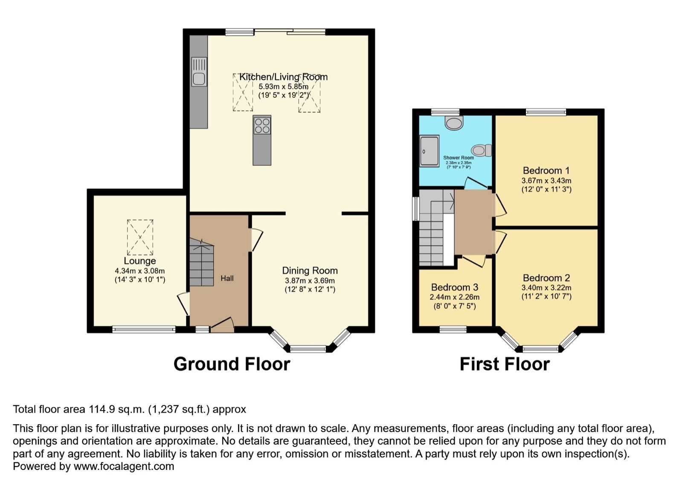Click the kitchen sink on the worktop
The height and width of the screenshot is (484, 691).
coord(199,78)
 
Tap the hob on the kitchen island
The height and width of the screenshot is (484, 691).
coord(262,125)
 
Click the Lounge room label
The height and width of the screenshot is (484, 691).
coord(139,261)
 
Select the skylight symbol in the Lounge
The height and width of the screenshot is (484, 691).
coord(140,237)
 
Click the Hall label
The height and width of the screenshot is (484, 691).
coord(227,278)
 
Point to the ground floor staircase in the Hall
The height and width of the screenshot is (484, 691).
coord(201,264)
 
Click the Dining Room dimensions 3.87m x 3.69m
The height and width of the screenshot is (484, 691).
coord(310,281)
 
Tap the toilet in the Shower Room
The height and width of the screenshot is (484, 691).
coord(482,150)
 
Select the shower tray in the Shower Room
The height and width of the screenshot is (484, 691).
coord(429,151)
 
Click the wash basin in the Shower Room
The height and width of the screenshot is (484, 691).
coord(453,123)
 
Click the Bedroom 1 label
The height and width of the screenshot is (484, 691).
coord(546,170)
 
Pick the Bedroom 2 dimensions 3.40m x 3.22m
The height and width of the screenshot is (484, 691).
coord(546,288)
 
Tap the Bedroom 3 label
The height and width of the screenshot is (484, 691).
coord(454,287)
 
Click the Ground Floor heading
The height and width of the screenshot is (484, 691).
coord(232,364)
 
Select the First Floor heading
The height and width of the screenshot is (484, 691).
coord(504,364)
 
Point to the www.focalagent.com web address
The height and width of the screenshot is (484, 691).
coord(124,466)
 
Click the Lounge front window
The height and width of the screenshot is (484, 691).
coord(144,329)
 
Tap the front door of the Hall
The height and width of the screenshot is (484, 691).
coord(222,326)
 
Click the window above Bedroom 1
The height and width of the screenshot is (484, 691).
coord(546,112)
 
